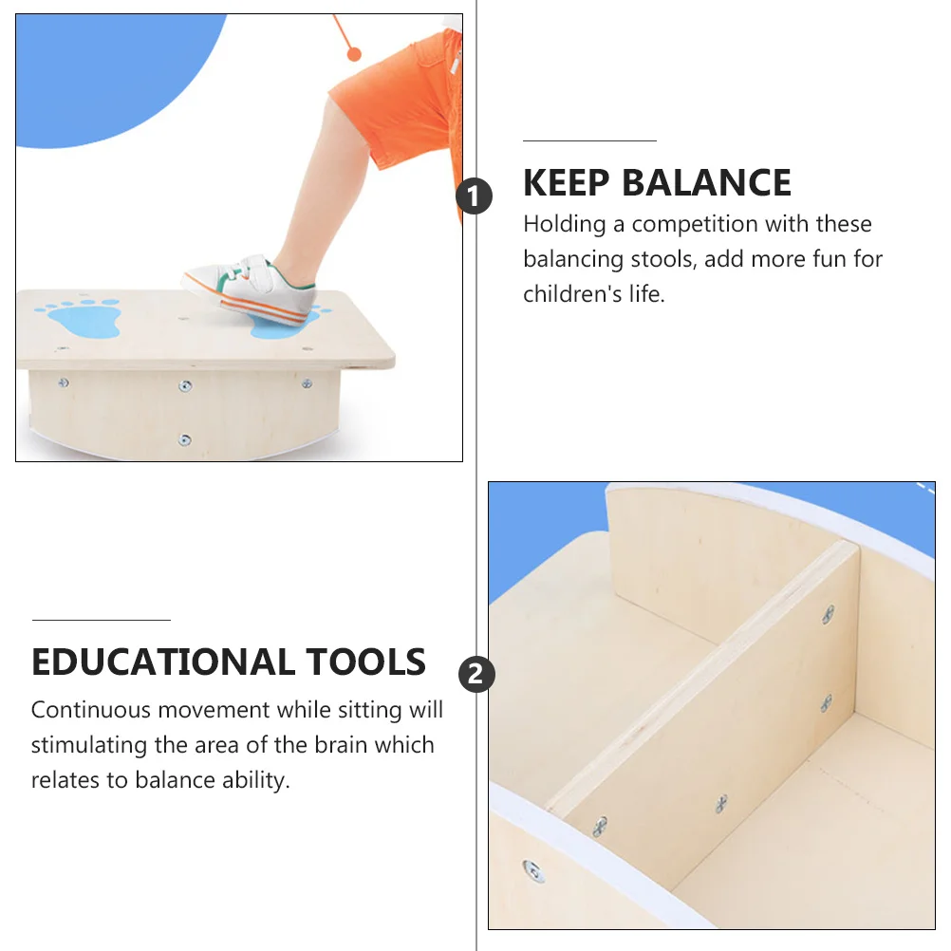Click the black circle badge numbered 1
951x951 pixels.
[475, 197]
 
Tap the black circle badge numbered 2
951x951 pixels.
[476, 675]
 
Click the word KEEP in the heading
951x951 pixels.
[566, 183]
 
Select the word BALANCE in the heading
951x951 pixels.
[705, 183]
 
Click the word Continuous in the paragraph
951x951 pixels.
[91, 710]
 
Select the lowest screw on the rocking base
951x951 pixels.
[185, 439]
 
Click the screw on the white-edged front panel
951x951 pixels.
[533, 870]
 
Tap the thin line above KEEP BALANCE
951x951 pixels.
[589, 140]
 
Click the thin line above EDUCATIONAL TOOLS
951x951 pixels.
[102, 620]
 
